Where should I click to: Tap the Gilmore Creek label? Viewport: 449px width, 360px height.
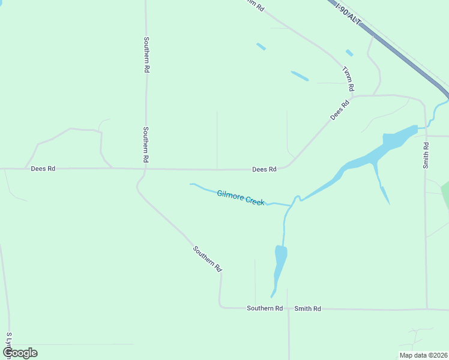click(x=241, y=197)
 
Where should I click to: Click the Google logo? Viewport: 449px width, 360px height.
click(x=20, y=353)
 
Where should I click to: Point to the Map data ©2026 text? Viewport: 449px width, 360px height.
click(x=423, y=355)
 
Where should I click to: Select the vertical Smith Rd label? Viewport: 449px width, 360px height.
click(x=426, y=155)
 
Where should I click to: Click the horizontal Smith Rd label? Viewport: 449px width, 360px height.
click(x=307, y=308)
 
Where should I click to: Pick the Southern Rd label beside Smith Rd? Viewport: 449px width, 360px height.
click(x=264, y=308)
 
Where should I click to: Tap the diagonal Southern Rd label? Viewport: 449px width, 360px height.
click(x=208, y=259)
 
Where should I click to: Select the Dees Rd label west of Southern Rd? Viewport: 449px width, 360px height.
click(x=43, y=169)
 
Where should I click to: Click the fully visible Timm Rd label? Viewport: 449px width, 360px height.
click(x=348, y=79)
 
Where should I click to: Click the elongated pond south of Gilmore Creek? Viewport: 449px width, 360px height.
click(x=279, y=268)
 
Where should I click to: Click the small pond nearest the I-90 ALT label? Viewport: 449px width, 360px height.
click(x=349, y=53)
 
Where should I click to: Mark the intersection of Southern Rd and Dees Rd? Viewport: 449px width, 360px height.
click(x=145, y=169)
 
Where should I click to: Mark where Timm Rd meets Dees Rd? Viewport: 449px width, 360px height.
click(x=354, y=96)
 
